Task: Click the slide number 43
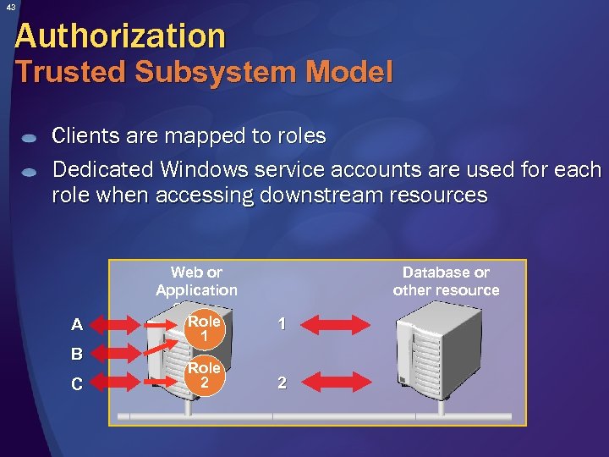[9, 8]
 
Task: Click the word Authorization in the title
[120, 36]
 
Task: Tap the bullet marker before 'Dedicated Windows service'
[29, 172]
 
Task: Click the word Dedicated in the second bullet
[101, 170]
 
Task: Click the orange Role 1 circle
[204, 328]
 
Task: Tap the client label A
[77, 325]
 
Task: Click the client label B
[77, 354]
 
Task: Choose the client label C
[77, 384]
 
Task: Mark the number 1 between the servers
[283, 323]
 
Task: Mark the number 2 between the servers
[283, 383]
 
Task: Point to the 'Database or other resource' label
[446, 281]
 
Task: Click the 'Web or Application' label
[196, 281]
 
